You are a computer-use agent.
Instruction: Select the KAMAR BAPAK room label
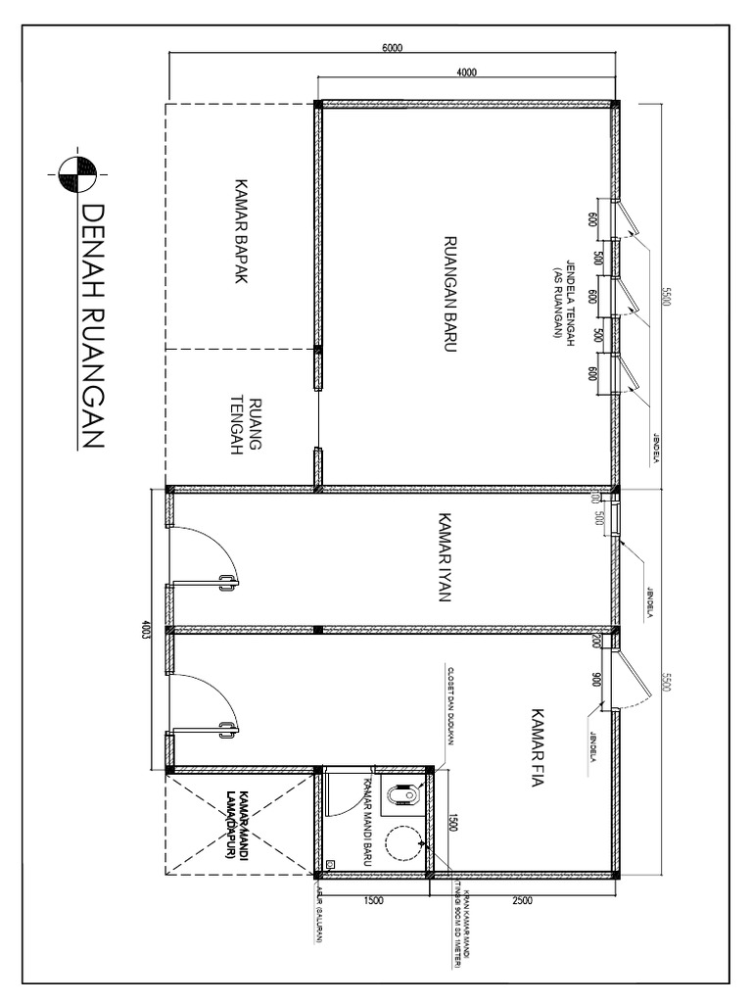tap(237, 231)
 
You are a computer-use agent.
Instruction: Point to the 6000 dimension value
tap(392, 49)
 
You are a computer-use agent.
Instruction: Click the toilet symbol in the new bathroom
tap(401, 797)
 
